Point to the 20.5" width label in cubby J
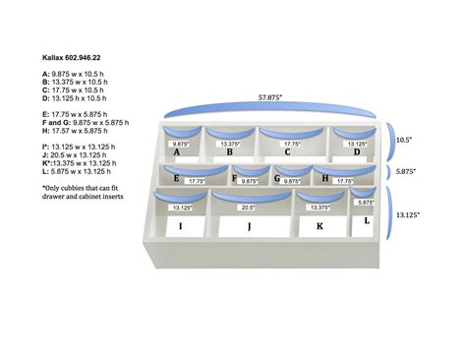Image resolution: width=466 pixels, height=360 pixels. tap(247, 208)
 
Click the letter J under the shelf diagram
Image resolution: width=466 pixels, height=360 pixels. tap(250, 227)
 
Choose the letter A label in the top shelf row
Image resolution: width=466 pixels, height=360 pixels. tap(176, 152)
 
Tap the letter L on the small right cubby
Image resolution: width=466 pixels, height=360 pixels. tap(367, 220)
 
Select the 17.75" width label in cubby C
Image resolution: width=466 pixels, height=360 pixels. tap(292, 144)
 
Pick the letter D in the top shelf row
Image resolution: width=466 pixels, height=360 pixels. tap(358, 151)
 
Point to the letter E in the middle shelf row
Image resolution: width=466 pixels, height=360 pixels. tap(175, 179)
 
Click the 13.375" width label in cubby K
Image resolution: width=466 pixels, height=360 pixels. tap(319, 208)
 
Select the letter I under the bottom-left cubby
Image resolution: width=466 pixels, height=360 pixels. tap(180, 227)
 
